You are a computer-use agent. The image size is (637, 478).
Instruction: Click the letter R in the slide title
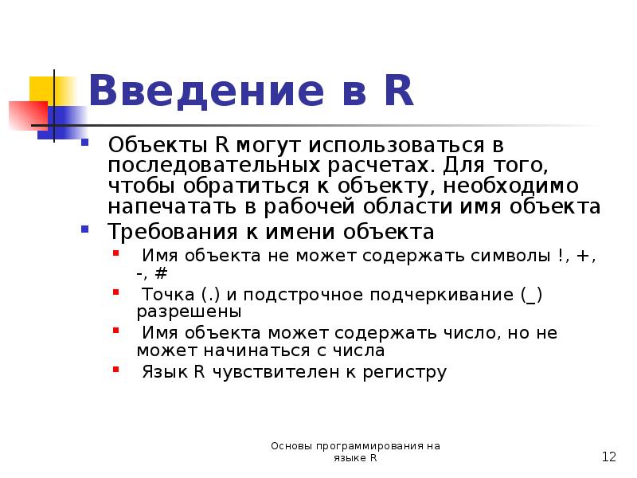[x=397, y=90]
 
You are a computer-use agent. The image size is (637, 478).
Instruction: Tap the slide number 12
[x=609, y=457]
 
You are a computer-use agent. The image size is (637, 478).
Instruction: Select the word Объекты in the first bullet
[x=156, y=147]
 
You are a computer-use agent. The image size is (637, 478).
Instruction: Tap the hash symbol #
[x=162, y=272]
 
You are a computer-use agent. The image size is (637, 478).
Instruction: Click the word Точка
[x=166, y=295]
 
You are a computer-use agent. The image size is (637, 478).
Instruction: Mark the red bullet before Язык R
[x=116, y=370]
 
